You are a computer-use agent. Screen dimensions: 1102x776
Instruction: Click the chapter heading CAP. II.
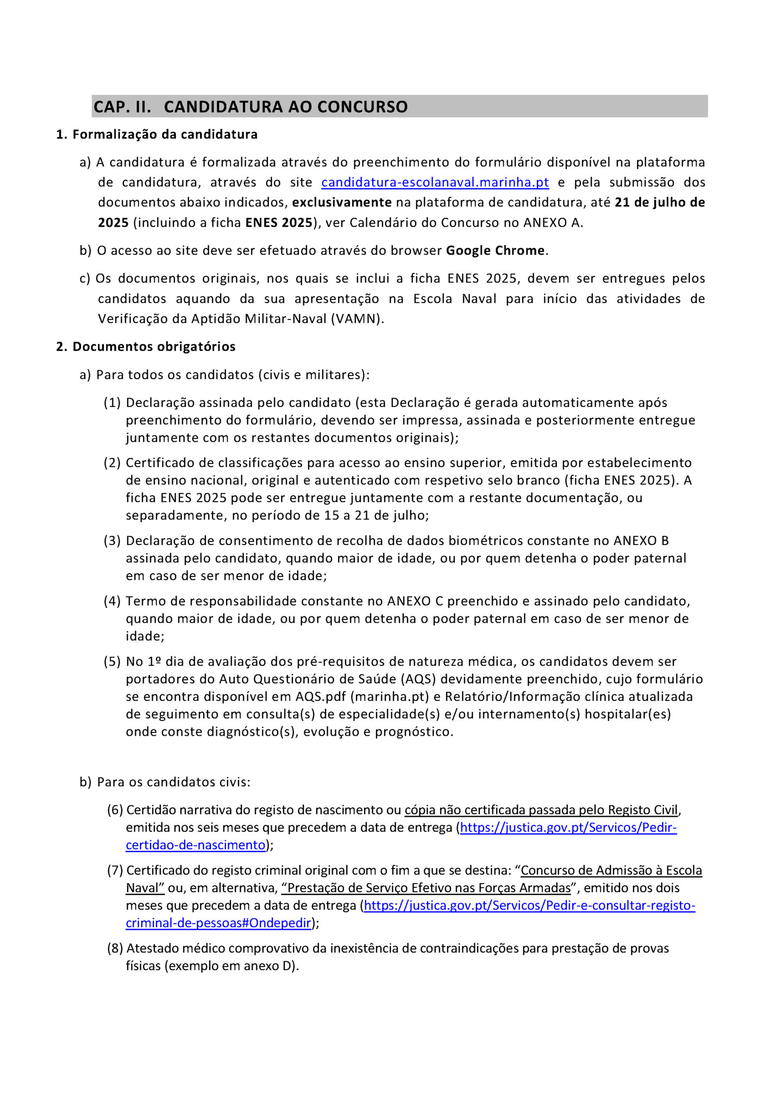pos(122,107)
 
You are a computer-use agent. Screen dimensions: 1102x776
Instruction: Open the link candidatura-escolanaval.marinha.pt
pos(435,182)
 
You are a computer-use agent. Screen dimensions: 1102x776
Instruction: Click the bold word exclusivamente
pos(342,203)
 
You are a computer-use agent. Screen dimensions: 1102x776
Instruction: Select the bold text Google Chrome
pos(495,251)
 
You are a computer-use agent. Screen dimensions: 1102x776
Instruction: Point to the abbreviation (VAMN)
pos(357,319)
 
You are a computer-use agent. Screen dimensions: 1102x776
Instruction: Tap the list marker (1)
pos(112,403)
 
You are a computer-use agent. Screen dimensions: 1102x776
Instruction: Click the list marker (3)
pos(112,541)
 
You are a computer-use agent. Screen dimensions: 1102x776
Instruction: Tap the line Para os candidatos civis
pos(173,782)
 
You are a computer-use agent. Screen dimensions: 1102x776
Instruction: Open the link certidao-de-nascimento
pos(196,845)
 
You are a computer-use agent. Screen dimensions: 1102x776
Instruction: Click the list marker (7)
pos(115,871)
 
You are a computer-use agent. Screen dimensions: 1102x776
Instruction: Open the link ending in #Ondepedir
pos(218,923)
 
